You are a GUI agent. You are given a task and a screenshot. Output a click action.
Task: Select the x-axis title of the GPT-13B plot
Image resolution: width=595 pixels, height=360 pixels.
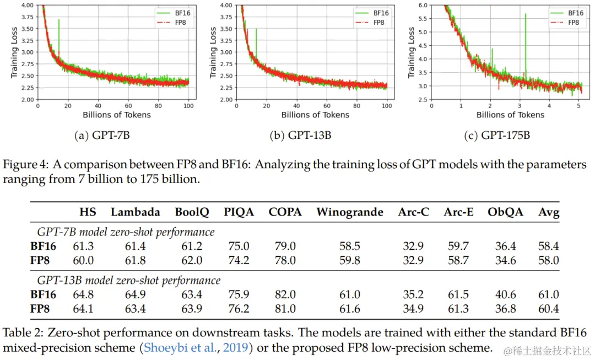point(315,115)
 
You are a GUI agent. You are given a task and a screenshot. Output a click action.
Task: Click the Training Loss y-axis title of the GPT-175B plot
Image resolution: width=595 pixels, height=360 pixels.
point(411,52)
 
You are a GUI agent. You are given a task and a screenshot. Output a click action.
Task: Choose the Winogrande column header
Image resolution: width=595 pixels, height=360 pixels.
point(350,212)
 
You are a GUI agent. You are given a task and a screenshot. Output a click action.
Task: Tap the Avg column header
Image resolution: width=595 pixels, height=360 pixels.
point(549,212)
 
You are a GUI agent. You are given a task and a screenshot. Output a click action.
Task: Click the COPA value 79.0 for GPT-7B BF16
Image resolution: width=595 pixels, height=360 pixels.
point(285,246)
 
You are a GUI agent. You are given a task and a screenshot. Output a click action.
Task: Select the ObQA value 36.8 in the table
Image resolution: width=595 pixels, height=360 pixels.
point(505,309)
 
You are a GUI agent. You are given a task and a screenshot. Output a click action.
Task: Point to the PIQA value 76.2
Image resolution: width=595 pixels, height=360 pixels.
point(239,309)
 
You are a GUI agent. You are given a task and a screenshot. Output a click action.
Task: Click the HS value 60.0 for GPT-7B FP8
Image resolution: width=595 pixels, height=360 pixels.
point(84,260)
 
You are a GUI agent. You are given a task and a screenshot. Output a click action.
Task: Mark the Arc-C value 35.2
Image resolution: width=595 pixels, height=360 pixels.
point(413,295)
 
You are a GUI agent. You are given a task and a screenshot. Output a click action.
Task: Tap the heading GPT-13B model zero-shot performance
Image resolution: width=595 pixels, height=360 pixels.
point(129,281)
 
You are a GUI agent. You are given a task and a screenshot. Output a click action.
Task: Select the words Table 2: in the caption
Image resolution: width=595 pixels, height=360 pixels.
point(22,333)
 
